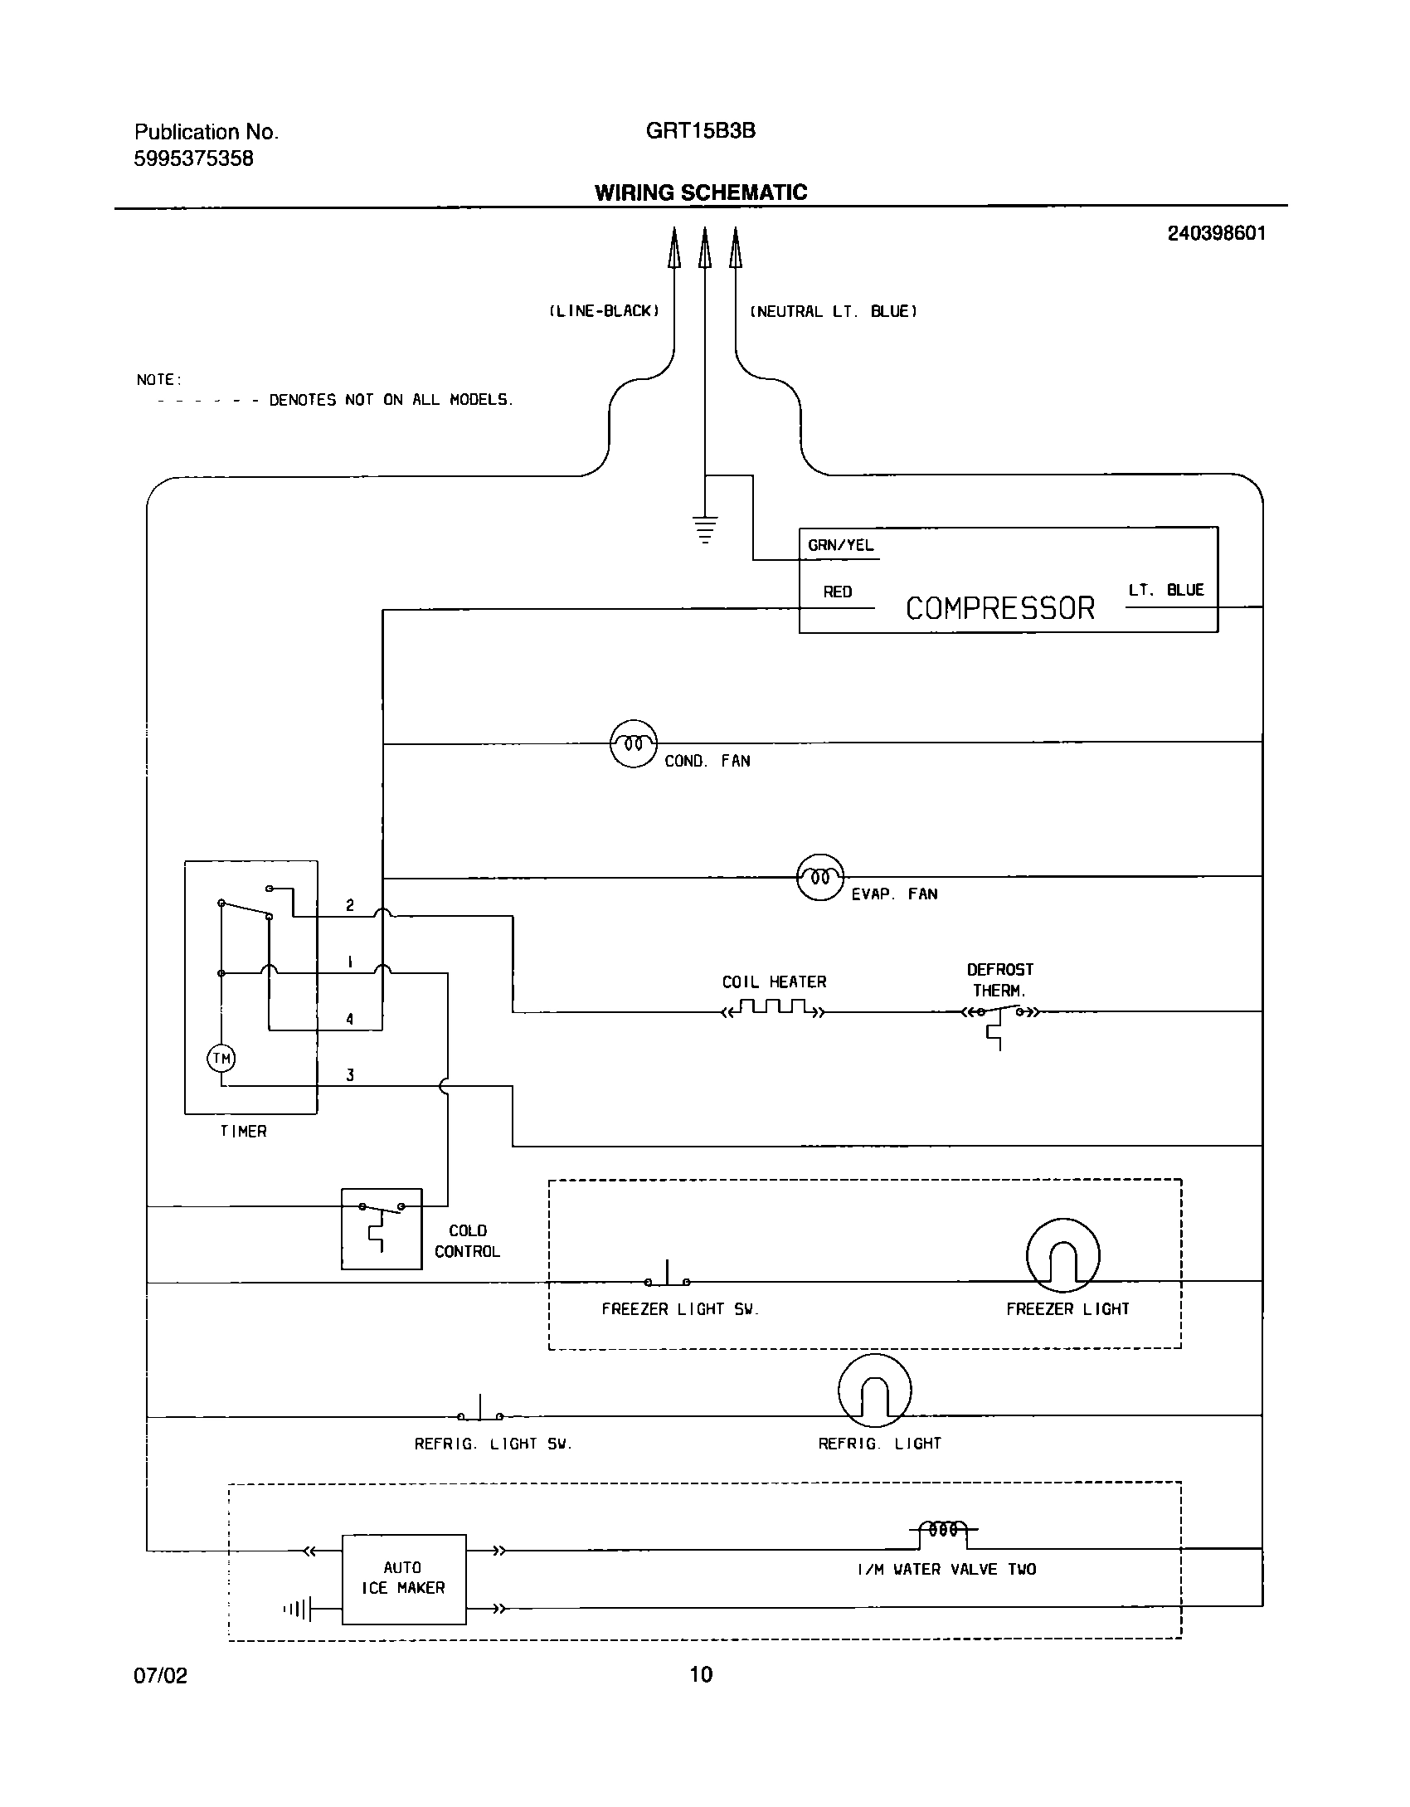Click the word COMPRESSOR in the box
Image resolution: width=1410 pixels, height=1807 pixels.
coord(999,609)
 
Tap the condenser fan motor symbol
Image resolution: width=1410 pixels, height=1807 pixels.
coord(634,743)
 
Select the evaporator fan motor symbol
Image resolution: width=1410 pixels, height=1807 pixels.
coord(819,877)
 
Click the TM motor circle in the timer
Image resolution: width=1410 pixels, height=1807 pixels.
coord(221,1059)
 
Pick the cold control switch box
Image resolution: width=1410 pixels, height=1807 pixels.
coord(382,1229)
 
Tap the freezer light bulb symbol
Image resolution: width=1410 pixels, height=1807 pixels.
coord(1062,1256)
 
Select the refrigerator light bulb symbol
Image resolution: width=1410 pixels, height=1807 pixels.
coord(874,1391)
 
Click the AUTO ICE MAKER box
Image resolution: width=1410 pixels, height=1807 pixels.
coord(404,1578)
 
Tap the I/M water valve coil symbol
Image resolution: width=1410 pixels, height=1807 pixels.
coord(944,1528)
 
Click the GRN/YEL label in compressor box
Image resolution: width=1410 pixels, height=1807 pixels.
coord(840,546)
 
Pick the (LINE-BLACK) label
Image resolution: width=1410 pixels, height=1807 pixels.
coord(604,311)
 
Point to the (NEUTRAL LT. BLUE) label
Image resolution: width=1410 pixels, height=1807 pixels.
coord(833,312)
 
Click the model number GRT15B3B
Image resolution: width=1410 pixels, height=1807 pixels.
coord(701,131)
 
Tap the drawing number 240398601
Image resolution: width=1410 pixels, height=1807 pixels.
coord(1216,233)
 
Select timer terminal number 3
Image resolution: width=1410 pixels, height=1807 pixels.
coord(350,1075)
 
